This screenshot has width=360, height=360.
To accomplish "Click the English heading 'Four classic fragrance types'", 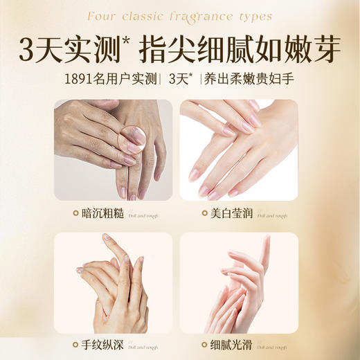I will point(179,16).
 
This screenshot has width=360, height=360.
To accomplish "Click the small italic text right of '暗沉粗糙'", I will point(142,217).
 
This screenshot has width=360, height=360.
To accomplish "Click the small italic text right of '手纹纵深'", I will point(142,348).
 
